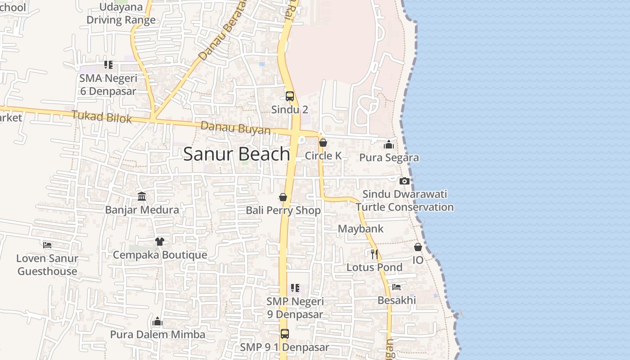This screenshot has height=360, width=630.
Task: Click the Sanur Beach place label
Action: pyautogui.click(x=237, y=154)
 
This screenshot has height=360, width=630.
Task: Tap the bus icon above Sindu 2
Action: pyautogui.click(x=290, y=96)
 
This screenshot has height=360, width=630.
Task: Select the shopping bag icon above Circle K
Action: pyautogui.click(x=323, y=143)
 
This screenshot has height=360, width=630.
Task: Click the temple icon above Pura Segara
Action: pyautogui.click(x=389, y=144)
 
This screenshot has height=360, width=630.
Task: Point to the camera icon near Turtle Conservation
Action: pyautogui.click(x=405, y=181)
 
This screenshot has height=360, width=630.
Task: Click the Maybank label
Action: pyautogui.click(x=360, y=229)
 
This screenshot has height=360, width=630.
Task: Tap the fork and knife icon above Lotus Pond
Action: pyautogui.click(x=374, y=254)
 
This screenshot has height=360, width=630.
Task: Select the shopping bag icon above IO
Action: pyautogui.click(x=418, y=247)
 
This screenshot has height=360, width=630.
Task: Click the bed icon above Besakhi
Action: pyautogui.click(x=396, y=287)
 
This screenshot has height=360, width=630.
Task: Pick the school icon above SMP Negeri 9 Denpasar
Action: pyautogui.click(x=295, y=288)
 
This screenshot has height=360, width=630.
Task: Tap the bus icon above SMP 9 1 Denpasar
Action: pyautogui.click(x=284, y=334)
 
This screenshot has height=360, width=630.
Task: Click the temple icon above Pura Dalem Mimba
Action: pyautogui.click(x=157, y=321)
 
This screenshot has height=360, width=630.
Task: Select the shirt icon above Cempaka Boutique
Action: pyautogui.click(x=159, y=242)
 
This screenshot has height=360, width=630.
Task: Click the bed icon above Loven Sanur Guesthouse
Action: pyautogui.click(x=47, y=245)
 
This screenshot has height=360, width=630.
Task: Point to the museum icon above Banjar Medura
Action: pyautogui.click(x=142, y=196)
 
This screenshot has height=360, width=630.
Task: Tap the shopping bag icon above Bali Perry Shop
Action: pyautogui.click(x=283, y=197)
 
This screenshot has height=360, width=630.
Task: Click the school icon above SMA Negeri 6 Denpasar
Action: pyautogui.click(x=108, y=65)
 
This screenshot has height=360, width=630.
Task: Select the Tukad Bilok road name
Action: pyautogui.click(x=102, y=117)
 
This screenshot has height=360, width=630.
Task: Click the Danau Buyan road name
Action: pyautogui.click(x=235, y=128)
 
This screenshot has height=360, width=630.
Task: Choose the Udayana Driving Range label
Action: pyautogui.click(x=121, y=13)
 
